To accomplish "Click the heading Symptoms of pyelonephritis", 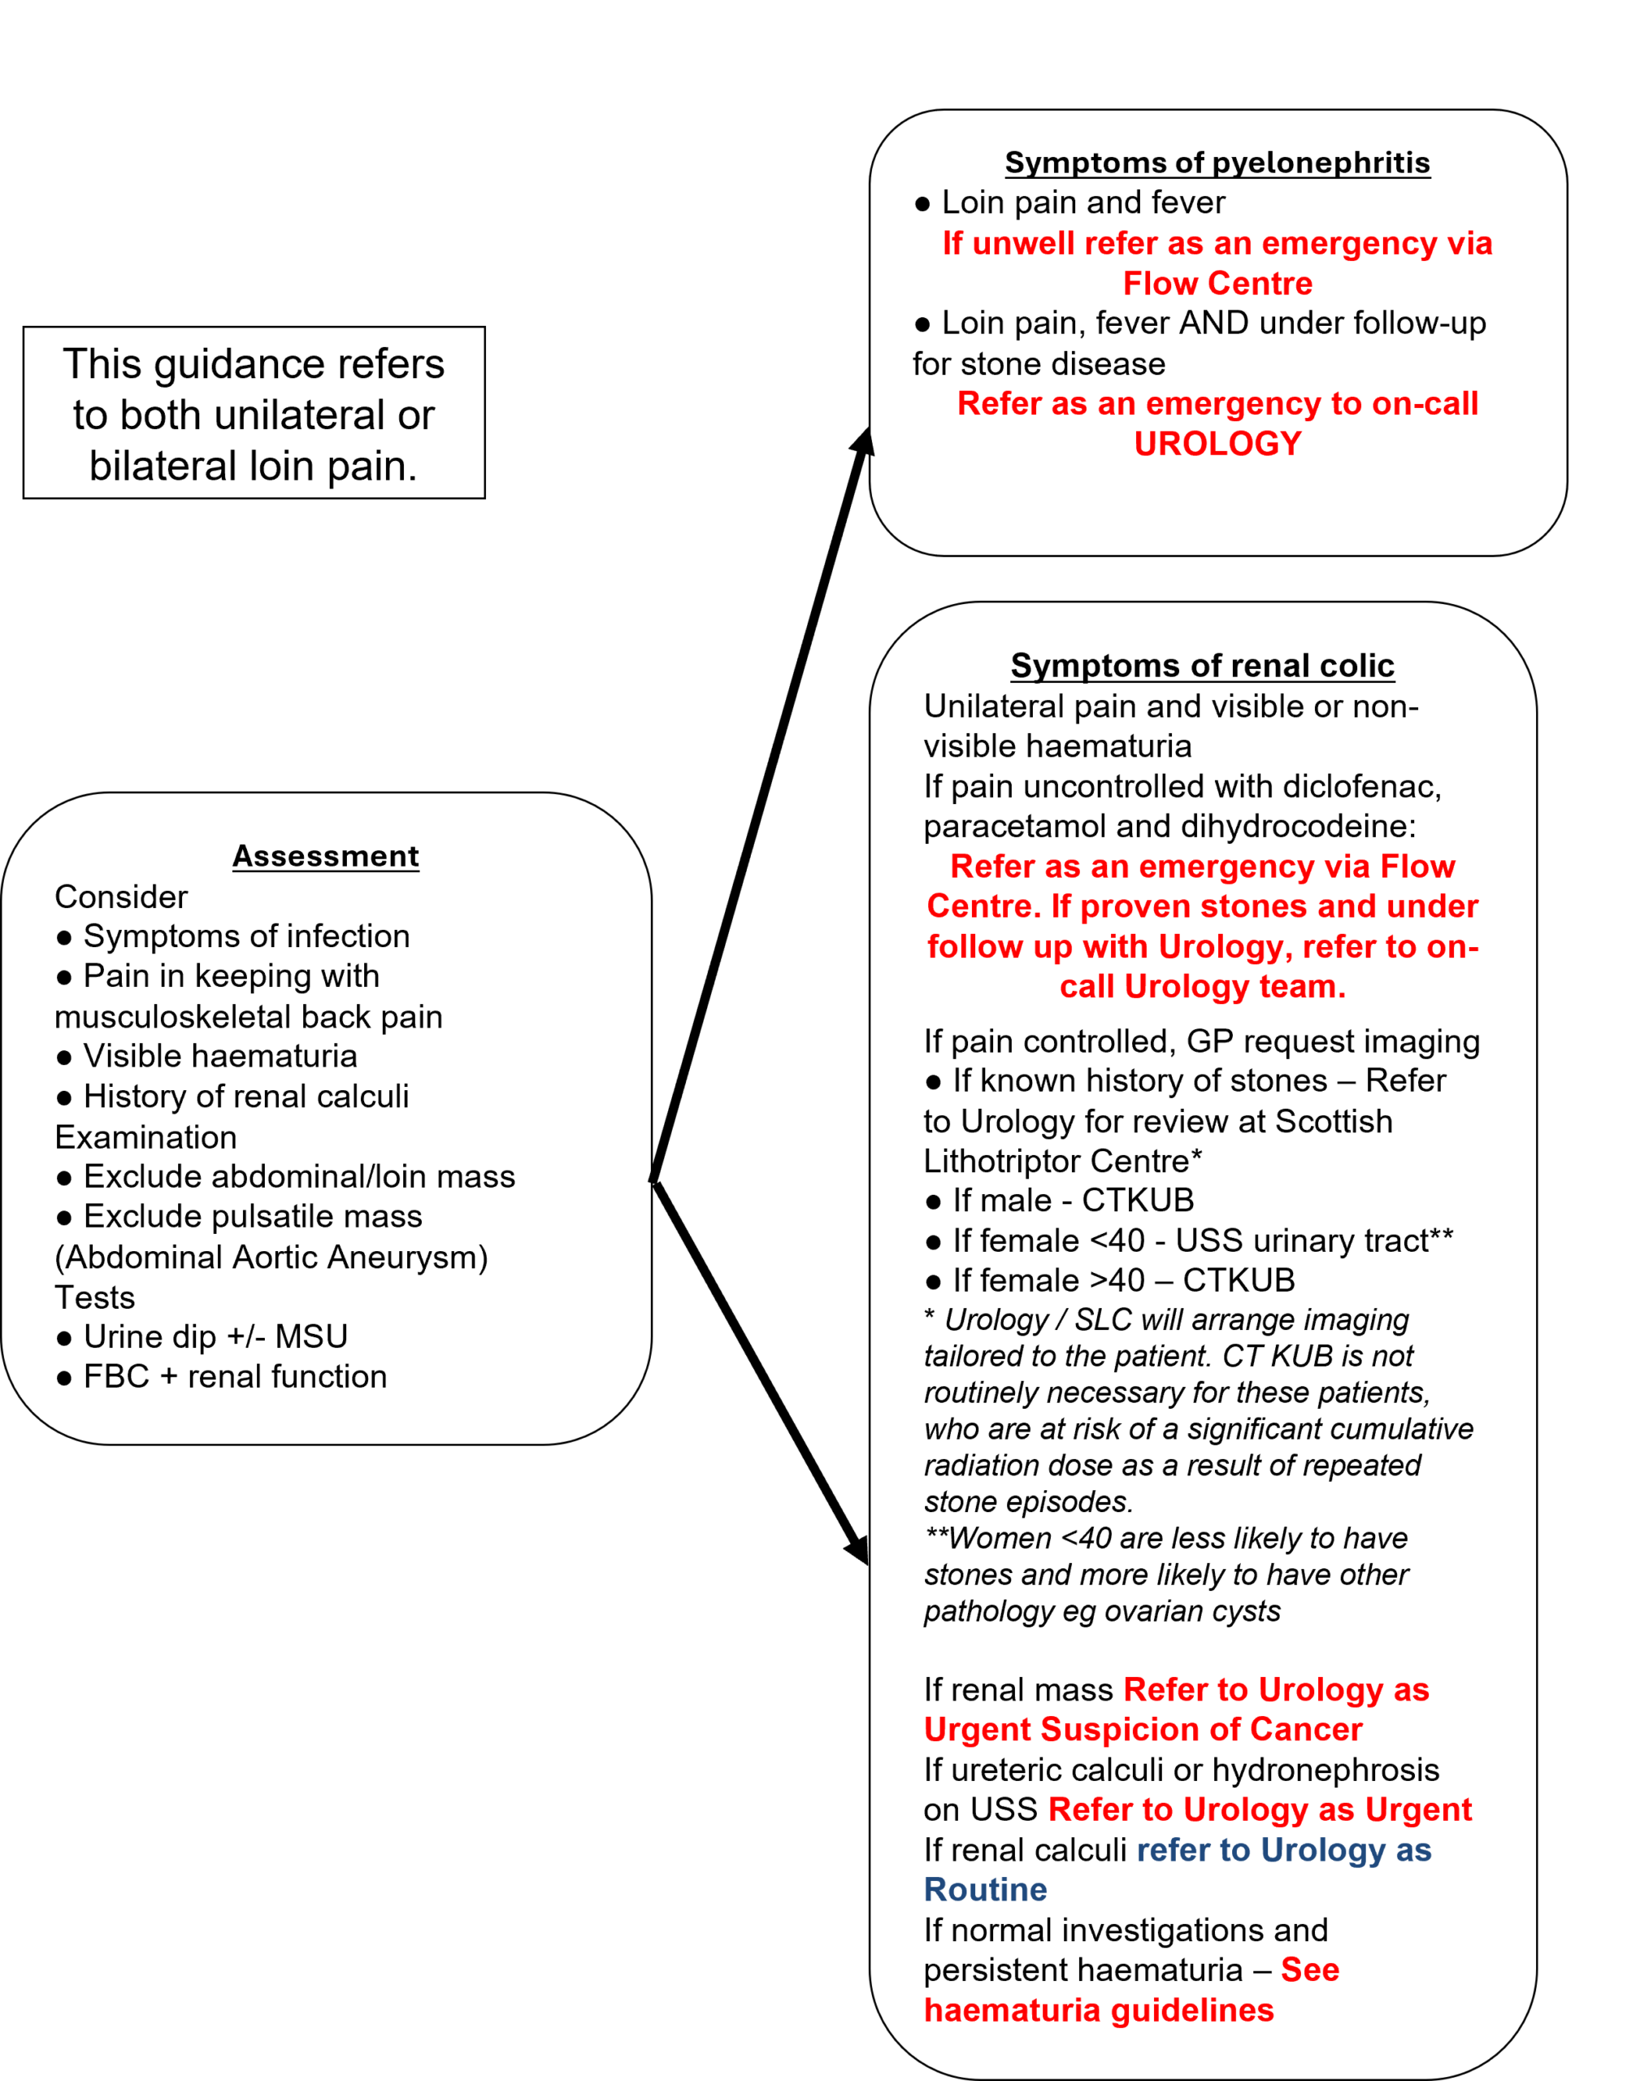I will coord(1217,163).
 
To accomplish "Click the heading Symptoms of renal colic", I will coord(1201,666).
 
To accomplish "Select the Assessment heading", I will coord(326,856).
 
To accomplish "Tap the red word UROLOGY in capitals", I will coord(1217,444).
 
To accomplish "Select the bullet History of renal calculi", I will coord(245,1096).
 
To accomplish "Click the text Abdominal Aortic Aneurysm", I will coord(271,1257).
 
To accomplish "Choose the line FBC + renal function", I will coord(233,1376).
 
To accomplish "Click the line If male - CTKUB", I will coord(1072,1201).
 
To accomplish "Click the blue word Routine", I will coord(985,1889).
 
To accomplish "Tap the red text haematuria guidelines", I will coord(1099,2010).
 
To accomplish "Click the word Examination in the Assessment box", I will coord(145,1137).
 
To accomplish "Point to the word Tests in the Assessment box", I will coord(94,1297).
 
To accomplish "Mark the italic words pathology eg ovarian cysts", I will coord(1101,1610).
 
